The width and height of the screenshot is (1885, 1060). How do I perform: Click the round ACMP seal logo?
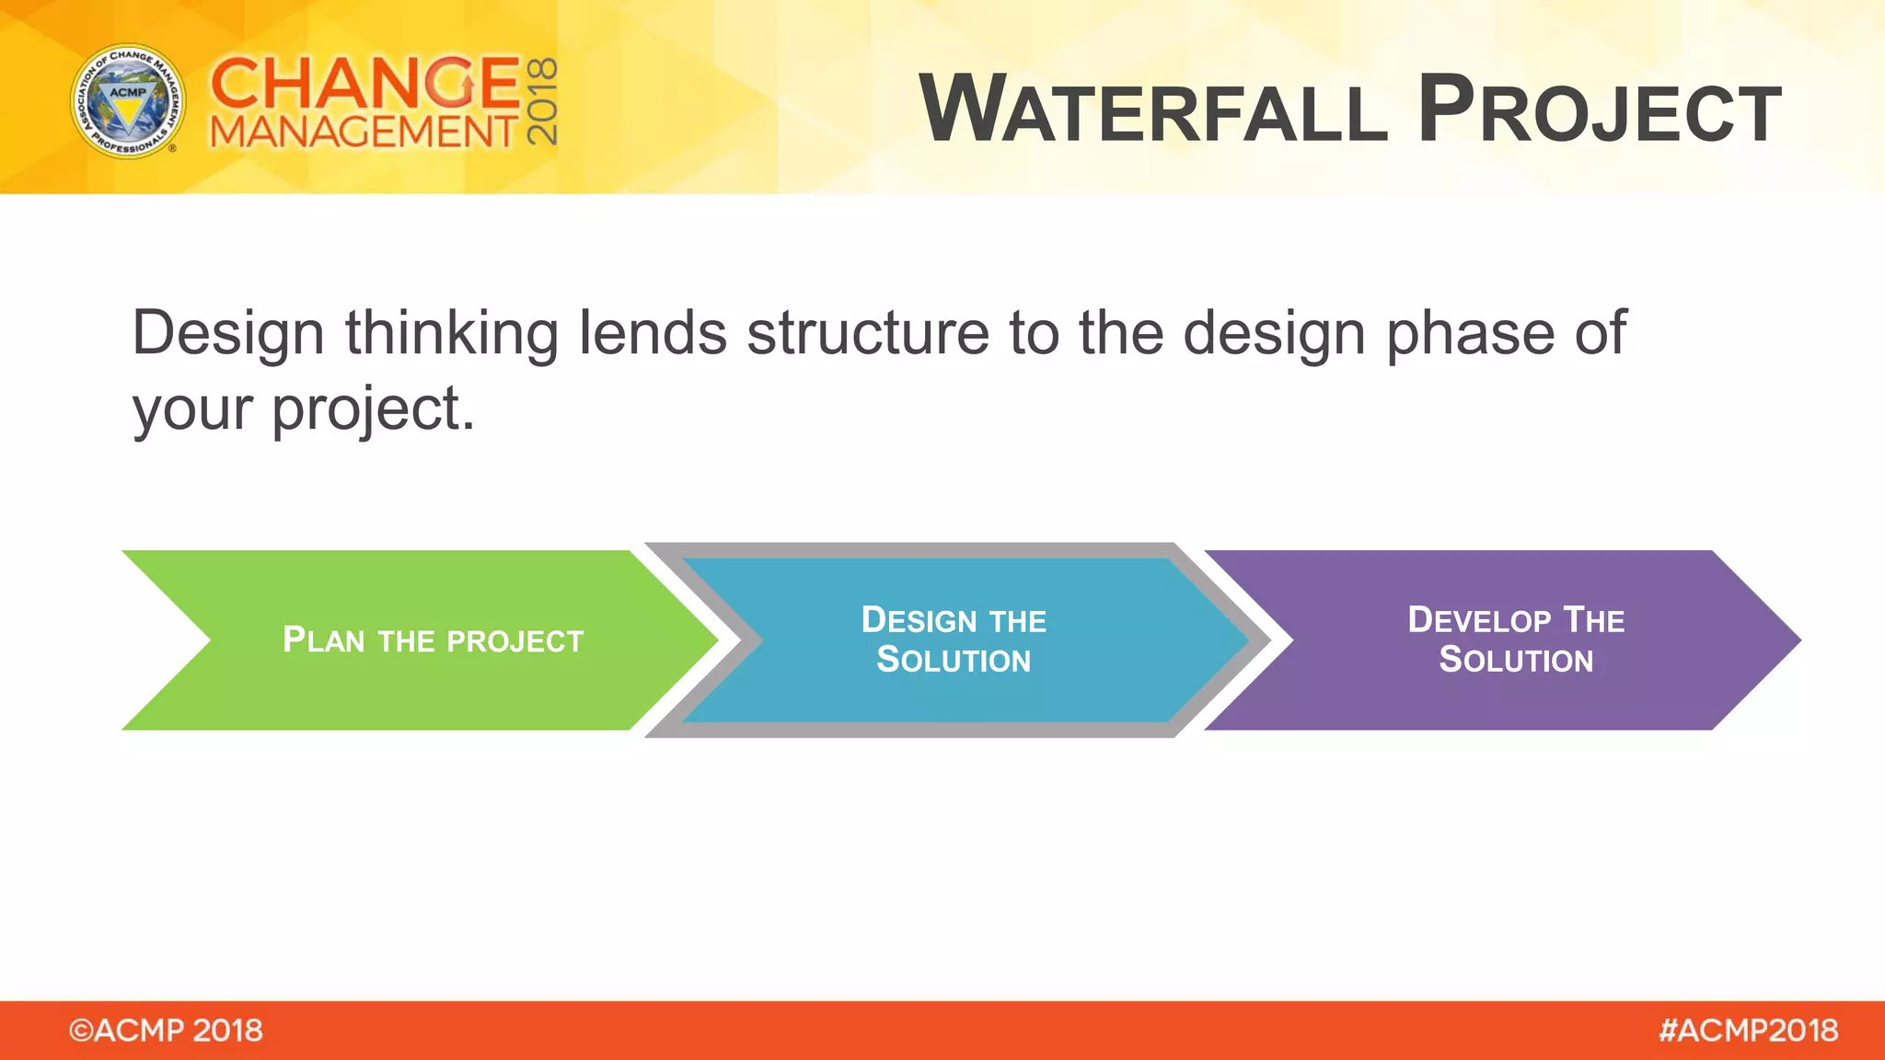pos(128,101)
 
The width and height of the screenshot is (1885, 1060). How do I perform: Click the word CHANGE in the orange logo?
pos(365,83)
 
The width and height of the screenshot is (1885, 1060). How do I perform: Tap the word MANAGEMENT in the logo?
pos(364,132)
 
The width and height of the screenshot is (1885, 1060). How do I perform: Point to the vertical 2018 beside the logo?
pos(542,101)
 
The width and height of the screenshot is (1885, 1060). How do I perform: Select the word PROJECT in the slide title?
pos(1600,110)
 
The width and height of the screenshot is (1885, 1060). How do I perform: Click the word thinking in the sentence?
pos(451,333)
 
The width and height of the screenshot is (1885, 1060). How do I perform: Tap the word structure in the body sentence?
pos(867,333)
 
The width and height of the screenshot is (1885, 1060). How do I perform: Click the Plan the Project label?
pos(433,640)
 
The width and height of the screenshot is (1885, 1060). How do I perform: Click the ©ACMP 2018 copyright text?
pos(166,1031)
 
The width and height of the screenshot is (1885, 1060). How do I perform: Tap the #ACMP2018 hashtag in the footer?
pos(1748,1031)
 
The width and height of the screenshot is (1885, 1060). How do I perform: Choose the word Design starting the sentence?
pos(228,335)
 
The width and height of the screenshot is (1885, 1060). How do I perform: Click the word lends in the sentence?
pos(653,333)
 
